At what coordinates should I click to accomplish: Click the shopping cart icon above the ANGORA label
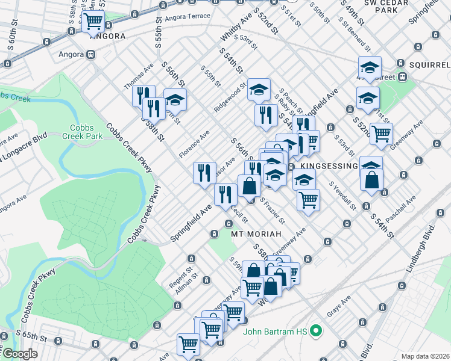click(93, 21)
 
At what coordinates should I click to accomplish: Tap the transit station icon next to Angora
click(91, 54)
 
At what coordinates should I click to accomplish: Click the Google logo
click(20, 354)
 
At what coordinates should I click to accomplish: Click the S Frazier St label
click(272, 209)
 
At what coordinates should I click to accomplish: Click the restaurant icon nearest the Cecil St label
click(225, 194)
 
